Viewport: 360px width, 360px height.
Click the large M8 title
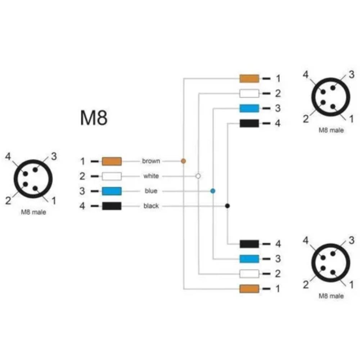pyautogui.click(x=94, y=118)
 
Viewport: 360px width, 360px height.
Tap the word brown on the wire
pyautogui.click(x=151, y=161)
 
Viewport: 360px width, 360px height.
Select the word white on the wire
pyautogui.click(x=151, y=176)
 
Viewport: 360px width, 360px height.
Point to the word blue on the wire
pyautogui.click(x=151, y=191)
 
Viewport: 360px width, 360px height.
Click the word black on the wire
pyautogui.click(x=151, y=206)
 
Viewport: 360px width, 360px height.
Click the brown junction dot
pyautogui.click(x=183, y=161)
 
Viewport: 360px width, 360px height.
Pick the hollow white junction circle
pyautogui.click(x=198, y=176)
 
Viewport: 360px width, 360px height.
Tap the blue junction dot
pyautogui.click(x=213, y=191)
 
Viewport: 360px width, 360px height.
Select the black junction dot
pyautogui.click(x=227, y=206)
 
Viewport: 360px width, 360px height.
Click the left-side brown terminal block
pyautogui.click(x=112, y=161)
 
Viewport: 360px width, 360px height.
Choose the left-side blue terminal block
pyautogui.click(x=112, y=191)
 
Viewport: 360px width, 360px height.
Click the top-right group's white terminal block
pyautogui.click(x=249, y=94)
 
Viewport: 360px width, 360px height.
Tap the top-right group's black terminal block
pyautogui.click(x=249, y=123)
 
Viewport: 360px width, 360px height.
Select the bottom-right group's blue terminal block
pyautogui.click(x=249, y=259)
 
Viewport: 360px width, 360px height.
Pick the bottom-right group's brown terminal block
pyautogui.click(x=249, y=289)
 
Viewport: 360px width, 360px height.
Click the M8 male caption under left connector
pyautogui.click(x=33, y=212)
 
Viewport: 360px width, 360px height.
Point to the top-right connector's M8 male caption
pyautogui.click(x=331, y=130)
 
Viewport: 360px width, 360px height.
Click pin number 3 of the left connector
pyautogui.click(x=54, y=156)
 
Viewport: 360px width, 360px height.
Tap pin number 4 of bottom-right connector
pyautogui.click(x=306, y=240)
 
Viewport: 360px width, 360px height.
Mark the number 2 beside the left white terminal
pyautogui.click(x=82, y=176)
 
